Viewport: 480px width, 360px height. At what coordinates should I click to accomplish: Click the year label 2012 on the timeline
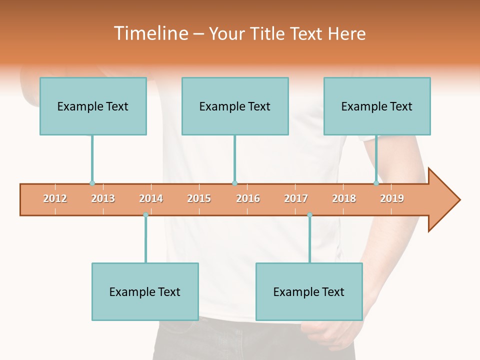click(55, 199)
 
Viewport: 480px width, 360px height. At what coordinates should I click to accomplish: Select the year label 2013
click(103, 199)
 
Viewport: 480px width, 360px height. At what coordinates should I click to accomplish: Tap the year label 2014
click(151, 199)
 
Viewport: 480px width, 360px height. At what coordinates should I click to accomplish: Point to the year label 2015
click(199, 199)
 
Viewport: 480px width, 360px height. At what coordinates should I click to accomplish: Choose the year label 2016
click(248, 199)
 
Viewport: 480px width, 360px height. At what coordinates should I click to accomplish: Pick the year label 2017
click(296, 199)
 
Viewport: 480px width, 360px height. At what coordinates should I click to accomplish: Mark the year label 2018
click(344, 199)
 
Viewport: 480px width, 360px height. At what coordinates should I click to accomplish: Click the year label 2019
click(392, 199)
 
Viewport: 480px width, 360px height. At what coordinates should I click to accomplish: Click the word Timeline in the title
click(150, 33)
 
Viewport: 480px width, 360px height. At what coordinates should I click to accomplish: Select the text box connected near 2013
click(93, 106)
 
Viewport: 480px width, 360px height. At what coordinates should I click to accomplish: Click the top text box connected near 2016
click(235, 106)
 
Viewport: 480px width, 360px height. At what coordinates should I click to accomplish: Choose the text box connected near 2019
click(377, 106)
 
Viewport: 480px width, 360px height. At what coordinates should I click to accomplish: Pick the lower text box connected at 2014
click(145, 292)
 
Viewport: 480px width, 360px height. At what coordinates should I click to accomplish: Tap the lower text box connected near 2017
click(309, 292)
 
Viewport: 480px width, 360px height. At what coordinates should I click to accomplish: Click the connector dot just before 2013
click(92, 183)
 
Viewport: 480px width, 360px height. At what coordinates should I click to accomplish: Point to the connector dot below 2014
click(145, 215)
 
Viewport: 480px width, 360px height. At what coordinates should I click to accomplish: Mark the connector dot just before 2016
click(234, 183)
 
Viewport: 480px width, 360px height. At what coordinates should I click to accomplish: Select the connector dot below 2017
click(309, 215)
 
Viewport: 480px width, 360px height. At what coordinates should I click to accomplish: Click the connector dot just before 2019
click(376, 183)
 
